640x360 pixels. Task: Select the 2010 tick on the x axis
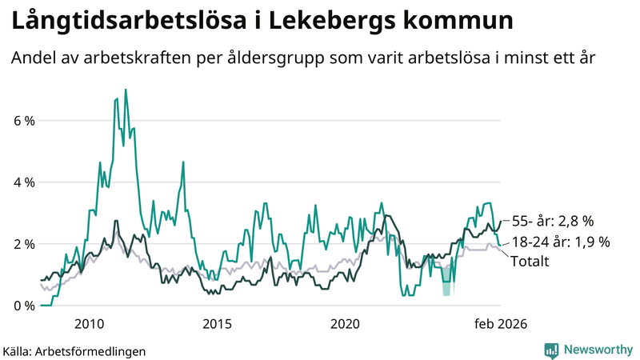[89, 323]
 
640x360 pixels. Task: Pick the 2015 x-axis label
[217, 323]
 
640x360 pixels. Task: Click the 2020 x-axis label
[345, 323]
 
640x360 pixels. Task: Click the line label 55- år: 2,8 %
[553, 221]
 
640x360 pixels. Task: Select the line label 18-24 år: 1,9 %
[560, 241]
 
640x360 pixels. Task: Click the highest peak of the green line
[126, 90]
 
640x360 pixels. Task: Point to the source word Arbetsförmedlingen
[95, 350]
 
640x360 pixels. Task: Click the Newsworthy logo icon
[552, 350]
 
